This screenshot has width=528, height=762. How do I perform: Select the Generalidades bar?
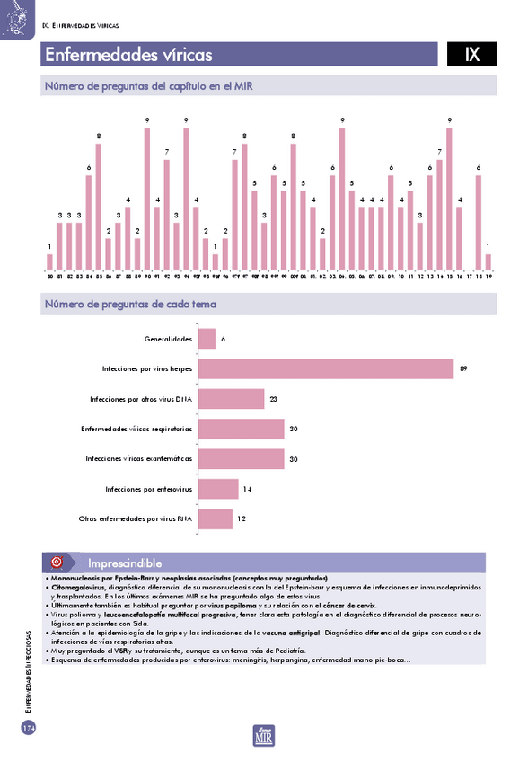[207, 339]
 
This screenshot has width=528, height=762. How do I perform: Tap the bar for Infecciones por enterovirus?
[218, 488]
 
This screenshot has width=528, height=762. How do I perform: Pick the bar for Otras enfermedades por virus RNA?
[215, 518]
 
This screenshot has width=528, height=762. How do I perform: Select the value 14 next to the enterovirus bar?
[248, 488]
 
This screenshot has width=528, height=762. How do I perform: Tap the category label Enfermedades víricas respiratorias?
[136, 429]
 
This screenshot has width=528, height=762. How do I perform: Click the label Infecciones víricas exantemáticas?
[139, 458]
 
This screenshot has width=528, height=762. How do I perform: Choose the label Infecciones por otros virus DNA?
[141, 399]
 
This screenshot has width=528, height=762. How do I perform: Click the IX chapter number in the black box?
[471, 55]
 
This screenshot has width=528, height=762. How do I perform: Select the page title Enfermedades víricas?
[128, 55]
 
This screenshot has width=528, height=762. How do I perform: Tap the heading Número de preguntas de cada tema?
[130, 304]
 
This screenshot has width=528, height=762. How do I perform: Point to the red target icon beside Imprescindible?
[56, 563]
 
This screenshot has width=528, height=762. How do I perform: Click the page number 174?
[28, 727]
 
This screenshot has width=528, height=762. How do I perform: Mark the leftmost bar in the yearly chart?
[50, 261]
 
